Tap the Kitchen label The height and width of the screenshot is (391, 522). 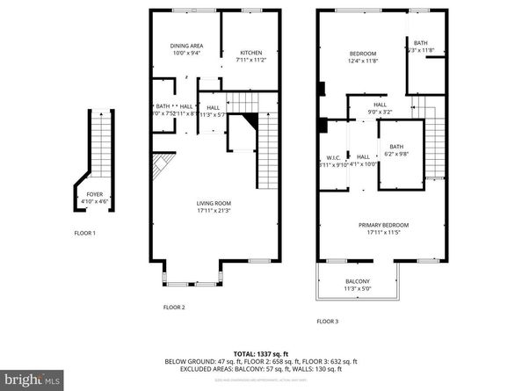(251, 53)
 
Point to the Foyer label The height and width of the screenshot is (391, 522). (93, 195)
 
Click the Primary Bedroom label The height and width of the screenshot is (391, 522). (383, 225)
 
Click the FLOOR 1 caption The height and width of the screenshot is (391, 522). (85, 233)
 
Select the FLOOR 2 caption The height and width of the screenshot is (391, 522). (174, 307)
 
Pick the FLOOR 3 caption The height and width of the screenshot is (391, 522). (327, 321)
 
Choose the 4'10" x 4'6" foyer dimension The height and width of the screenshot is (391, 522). (93, 203)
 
